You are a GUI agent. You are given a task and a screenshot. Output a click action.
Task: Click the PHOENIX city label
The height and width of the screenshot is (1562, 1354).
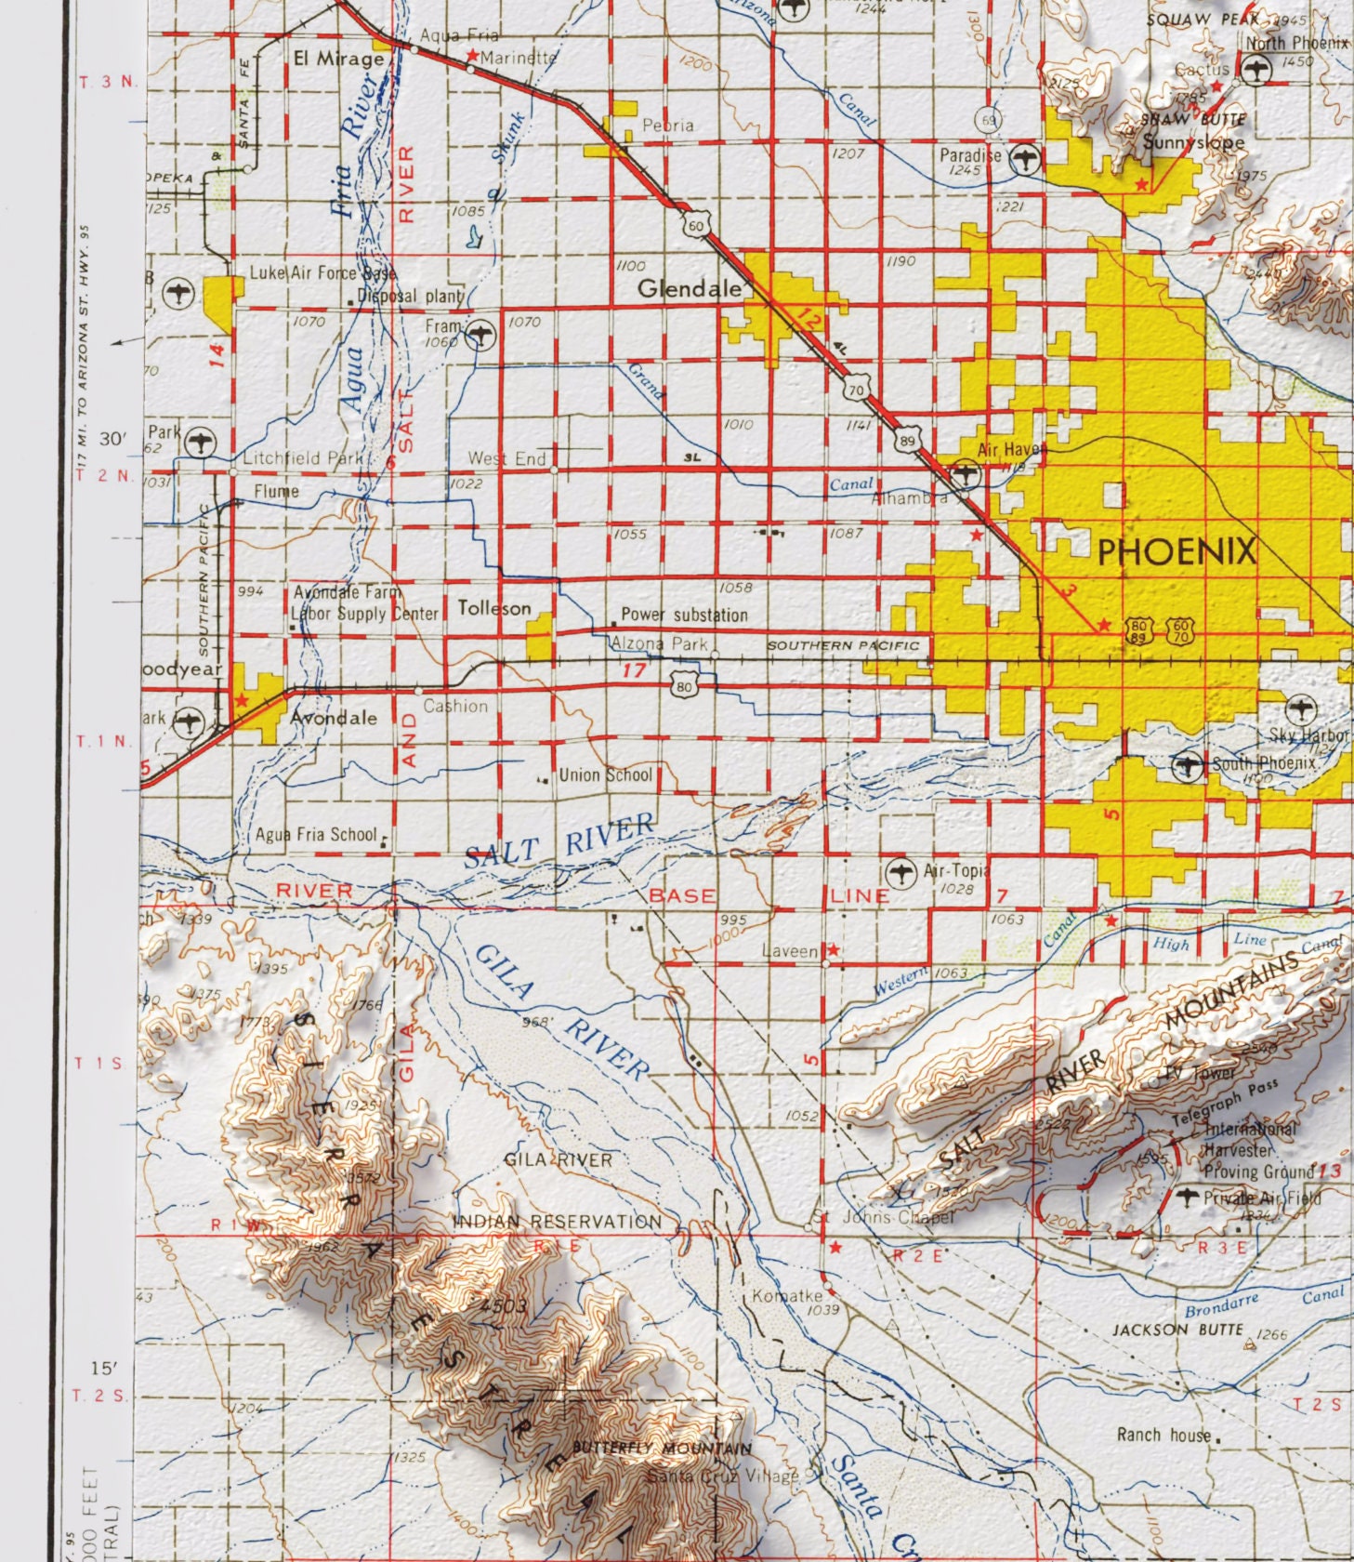(x=1176, y=552)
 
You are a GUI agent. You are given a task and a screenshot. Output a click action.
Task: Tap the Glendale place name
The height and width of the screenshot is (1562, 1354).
(x=689, y=289)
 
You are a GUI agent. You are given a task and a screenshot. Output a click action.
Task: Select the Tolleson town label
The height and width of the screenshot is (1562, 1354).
(x=494, y=608)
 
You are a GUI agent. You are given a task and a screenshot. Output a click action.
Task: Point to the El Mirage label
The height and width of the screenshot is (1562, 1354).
(x=338, y=59)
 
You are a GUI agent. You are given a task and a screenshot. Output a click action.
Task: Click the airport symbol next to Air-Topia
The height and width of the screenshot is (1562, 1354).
(x=899, y=872)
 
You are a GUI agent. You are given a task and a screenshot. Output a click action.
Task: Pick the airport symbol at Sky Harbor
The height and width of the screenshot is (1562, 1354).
(x=1302, y=708)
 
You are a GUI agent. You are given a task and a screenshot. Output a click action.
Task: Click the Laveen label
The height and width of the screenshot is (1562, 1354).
(x=789, y=951)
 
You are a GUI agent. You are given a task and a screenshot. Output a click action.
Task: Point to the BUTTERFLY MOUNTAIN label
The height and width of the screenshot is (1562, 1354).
(x=662, y=1449)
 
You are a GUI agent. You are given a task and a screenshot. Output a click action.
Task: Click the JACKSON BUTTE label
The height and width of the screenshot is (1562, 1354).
(x=1177, y=1330)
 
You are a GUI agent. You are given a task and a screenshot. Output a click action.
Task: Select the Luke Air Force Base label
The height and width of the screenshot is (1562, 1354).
(x=322, y=273)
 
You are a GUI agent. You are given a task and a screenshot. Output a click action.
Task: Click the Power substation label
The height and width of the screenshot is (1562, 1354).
(x=684, y=615)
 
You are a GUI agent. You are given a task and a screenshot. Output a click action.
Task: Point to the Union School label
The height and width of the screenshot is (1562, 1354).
(x=605, y=774)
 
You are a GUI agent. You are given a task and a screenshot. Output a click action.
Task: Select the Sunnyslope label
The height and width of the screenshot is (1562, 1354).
(x=1193, y=142)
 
